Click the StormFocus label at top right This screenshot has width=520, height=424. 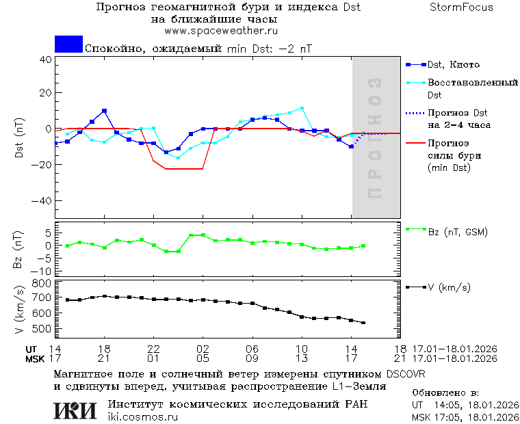point(461,8)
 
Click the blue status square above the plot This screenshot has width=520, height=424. point(68,44)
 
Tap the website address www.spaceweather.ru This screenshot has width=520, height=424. point(220,31)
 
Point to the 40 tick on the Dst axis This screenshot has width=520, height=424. point(46,59)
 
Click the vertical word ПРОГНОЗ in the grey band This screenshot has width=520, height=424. point(374,139)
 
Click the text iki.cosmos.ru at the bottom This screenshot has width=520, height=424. point(142,417)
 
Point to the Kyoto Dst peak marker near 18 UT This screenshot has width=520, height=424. point(104,110)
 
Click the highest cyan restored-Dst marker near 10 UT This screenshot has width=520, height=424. point(302,108)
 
